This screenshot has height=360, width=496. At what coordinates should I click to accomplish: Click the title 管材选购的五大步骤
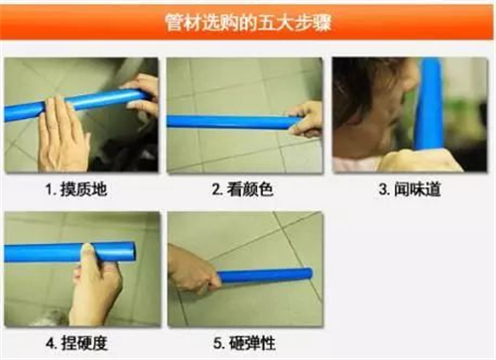click(x=248, y=23)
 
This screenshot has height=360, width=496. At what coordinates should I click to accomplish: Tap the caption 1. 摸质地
click(x=76, y=189)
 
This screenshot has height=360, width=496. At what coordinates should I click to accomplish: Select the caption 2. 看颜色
click(x=243, y=189)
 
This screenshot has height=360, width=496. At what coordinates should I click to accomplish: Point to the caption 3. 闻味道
click(x=410, y=189)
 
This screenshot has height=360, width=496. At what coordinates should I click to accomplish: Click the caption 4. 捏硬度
click(x=76, y=343)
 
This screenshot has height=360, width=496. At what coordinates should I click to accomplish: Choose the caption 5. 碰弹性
click(x=244, y=343)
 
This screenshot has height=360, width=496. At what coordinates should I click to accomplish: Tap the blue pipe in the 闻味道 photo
click(x=429, y=104)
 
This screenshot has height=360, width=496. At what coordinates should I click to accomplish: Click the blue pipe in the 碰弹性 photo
click(x=265, y=275)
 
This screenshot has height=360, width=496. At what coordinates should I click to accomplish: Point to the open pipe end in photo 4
click(x=131, y=252)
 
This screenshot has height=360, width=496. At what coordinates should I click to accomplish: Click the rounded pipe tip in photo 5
click(x=310, y=274)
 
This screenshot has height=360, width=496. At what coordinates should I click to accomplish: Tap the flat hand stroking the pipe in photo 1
click(x=62, y=136)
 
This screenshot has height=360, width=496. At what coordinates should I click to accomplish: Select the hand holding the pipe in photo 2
click(x=307, y=120)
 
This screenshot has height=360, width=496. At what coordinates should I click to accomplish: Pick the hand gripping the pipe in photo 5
click(x=191, y=270)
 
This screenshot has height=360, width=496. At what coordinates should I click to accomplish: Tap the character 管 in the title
click(x=174, y=23)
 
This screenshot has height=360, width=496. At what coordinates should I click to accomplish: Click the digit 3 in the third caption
click(x=383, y=190)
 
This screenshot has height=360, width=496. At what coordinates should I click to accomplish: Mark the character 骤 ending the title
click(x=322, y=23)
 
